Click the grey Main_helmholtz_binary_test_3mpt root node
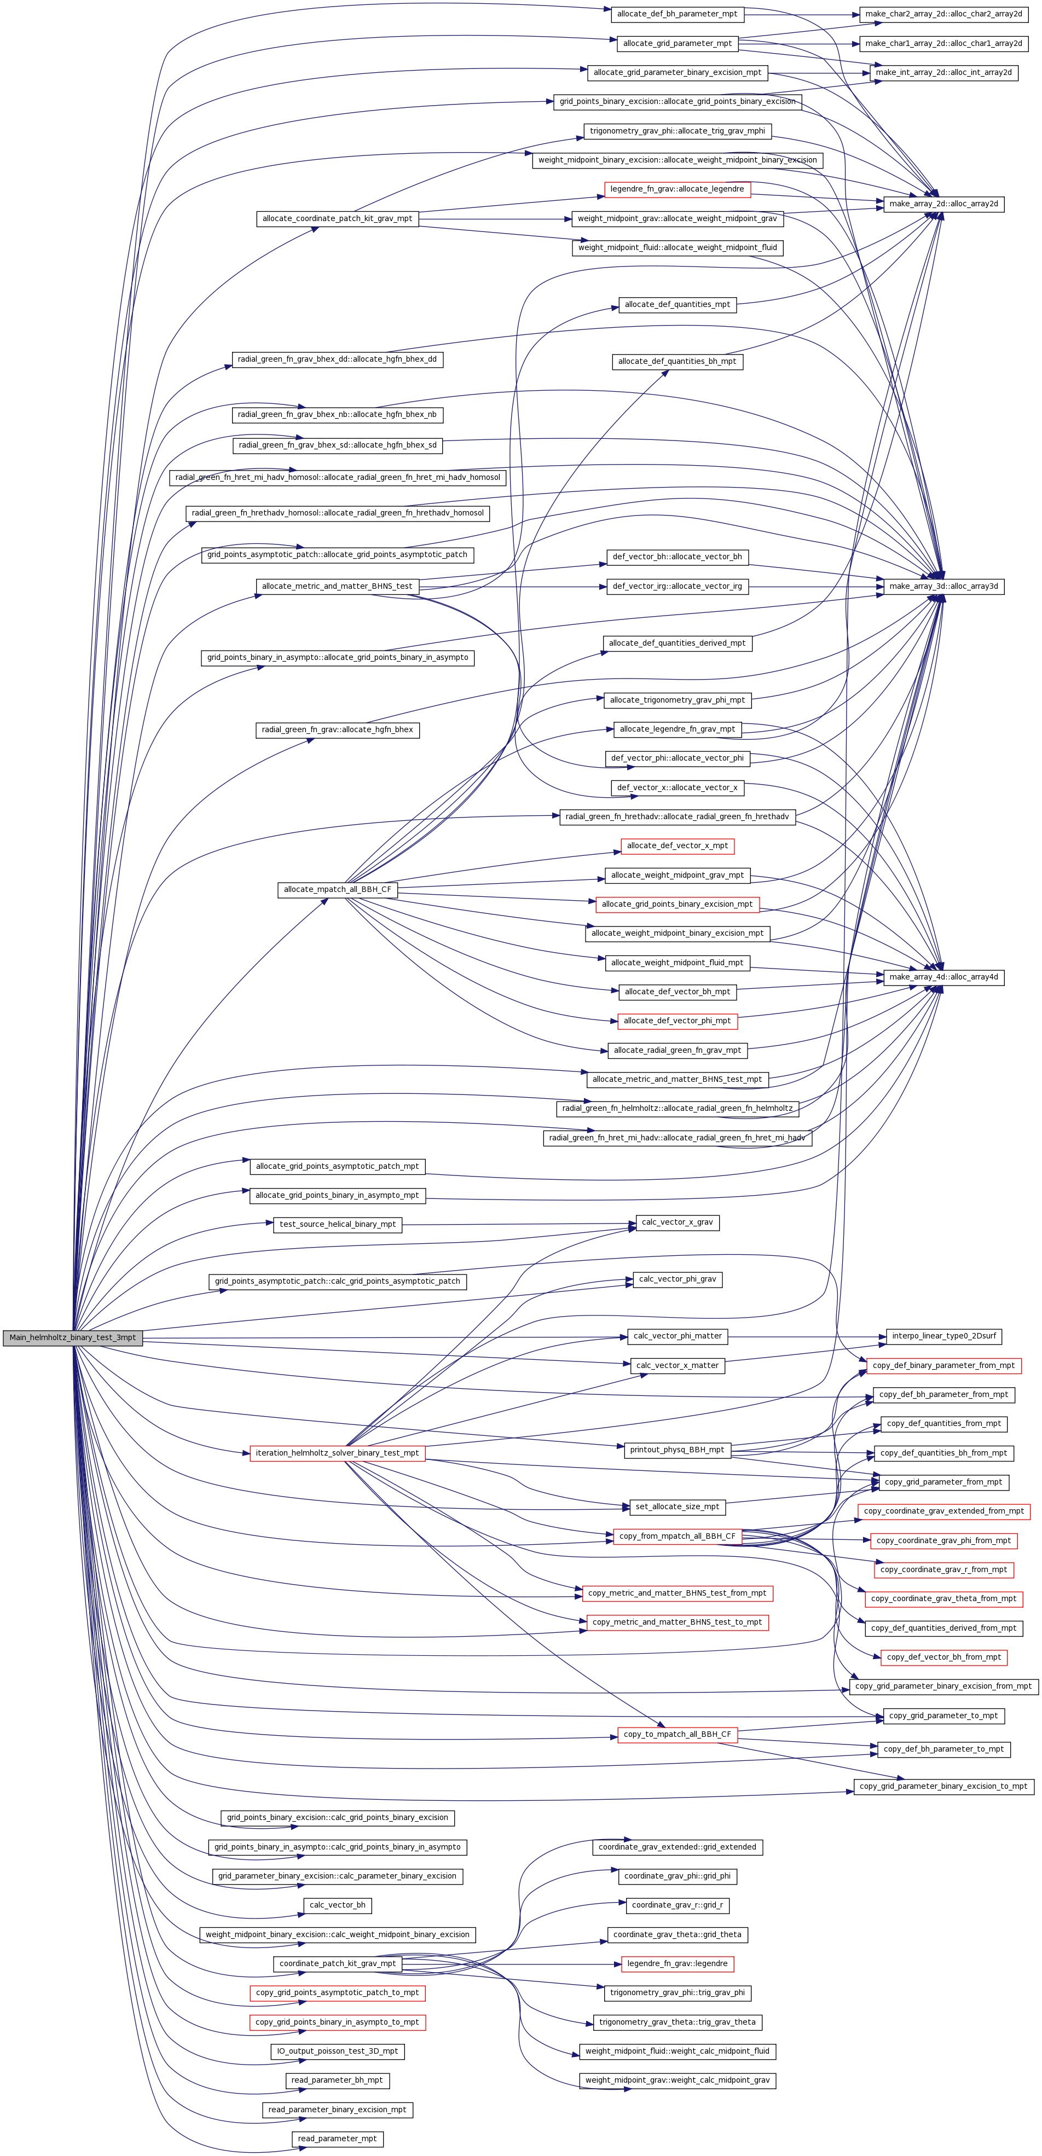click(72, 1337)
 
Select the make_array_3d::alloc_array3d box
click(943, 587)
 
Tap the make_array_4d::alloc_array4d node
click(943, 977)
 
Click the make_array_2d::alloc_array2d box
click(943, 204)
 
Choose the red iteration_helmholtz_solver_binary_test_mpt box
click(337, 1453)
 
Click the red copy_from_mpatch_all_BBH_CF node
click(677, 1536)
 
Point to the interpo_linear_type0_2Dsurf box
click(943, 1336)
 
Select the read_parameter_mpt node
click(337, 2138)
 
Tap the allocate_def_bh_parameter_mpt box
click(677, 14)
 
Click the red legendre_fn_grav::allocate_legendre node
click(677, 189)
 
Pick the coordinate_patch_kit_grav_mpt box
click(337, 1963)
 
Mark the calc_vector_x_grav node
click(677, 1223)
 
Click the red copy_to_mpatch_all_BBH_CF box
click(677, 1734)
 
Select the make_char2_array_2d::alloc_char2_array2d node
click(943, 14)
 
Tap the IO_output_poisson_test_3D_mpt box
click(337, 2051)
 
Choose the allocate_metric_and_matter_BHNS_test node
click(337, 587)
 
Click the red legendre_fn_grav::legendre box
click(677, 1963)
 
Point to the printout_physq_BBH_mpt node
click(677, 1450)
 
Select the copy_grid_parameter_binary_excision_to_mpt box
click(943, 1786)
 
